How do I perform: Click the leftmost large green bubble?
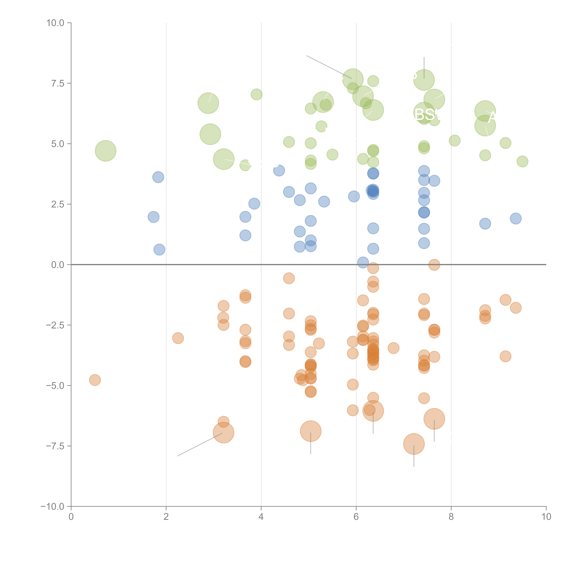pyautogui.click(x=105, y=151)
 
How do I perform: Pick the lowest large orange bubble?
pyautogui.click(x=414, y=444)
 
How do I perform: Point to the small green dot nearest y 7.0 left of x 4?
pyautogui.click(x=257, y=94)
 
